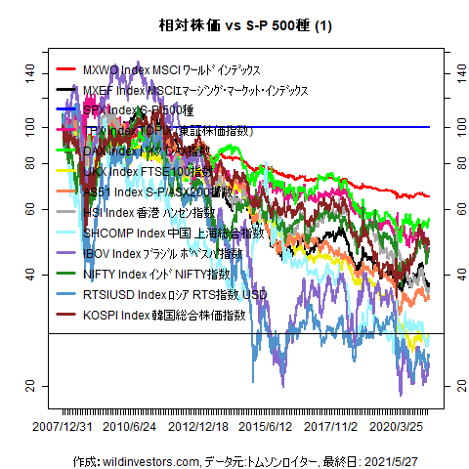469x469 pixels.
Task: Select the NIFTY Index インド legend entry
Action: (156, 275)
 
